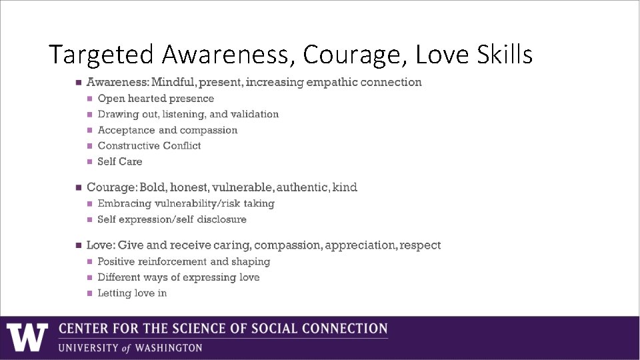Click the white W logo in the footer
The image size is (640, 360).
point(27,337)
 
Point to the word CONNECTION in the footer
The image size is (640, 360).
point(345,329)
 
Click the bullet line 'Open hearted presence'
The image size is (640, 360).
point(156,99)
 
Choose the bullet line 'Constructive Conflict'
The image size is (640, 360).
point(149,145)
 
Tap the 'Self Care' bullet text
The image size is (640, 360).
point(120,161)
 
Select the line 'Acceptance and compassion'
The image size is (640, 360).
point(167,130)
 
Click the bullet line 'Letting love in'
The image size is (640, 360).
point(132,293)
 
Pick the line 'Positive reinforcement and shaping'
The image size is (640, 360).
point(183,261)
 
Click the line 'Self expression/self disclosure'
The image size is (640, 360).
point(172,219)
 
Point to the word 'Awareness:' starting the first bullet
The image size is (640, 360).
point(117,82)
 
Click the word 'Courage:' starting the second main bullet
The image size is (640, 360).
point(111,187)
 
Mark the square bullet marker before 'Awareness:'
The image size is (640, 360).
point(78,83)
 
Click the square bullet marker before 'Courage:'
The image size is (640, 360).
point(78,187)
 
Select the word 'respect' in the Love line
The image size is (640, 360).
point(420,245)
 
